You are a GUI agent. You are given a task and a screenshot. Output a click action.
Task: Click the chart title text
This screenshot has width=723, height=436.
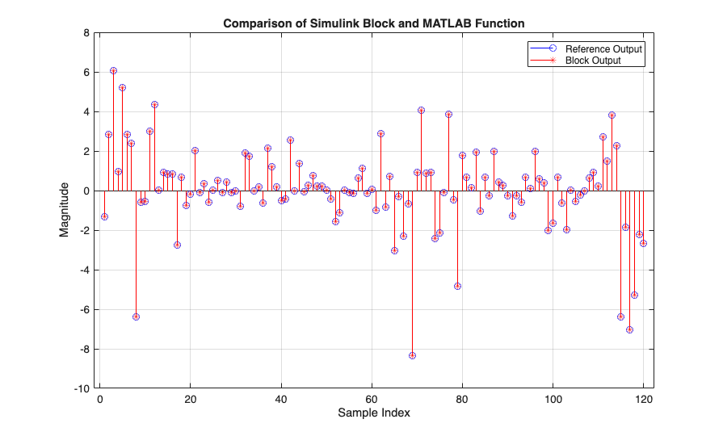[x=374, y=23]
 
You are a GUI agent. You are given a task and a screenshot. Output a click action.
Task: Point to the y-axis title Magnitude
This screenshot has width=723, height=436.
[x=64, y=211]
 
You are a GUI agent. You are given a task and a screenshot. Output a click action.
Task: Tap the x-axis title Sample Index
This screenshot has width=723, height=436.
[x=373, y=413]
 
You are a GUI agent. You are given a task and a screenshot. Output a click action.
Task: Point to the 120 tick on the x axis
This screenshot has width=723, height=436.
[x=644, y=399]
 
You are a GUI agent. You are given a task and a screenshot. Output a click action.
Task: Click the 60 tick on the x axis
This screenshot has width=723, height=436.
[x=372, y=399]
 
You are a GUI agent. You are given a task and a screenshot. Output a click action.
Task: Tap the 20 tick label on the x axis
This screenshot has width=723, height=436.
[x=191, y=399]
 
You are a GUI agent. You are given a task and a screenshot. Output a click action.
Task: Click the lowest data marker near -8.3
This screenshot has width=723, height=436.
[x=412, y=355]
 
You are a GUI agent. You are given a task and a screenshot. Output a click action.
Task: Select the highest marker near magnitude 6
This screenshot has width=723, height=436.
[x=113, y=71]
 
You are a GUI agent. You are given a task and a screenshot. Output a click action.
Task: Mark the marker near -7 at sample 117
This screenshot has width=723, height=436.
[x=629, y=329]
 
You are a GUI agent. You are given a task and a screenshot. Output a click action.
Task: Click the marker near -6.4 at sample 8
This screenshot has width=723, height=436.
[x=136, y=317]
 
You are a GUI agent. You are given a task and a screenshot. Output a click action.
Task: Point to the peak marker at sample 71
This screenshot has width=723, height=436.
[x=421, y=110]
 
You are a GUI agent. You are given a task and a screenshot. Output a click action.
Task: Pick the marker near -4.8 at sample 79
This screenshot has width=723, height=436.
[x=457, y=286]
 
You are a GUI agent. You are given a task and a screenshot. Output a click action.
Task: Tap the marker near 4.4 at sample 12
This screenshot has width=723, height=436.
[x=154, y=104]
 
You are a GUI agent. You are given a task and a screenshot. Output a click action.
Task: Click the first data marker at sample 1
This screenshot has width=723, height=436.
[x=104, y=216]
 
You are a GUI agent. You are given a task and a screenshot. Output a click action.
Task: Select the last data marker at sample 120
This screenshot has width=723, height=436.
[x=643, y=243]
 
